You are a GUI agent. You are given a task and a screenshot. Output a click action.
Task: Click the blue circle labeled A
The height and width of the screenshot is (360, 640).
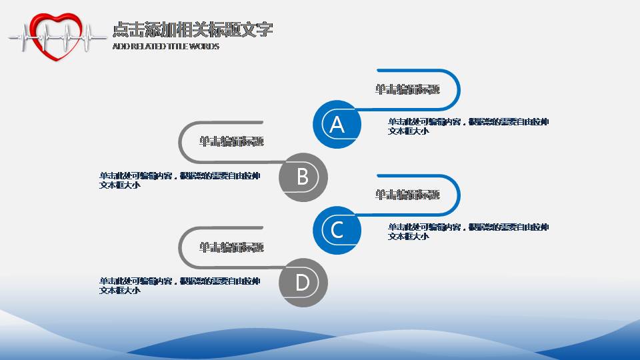337,124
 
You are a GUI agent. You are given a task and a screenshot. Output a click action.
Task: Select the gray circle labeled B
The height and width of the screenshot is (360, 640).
303,177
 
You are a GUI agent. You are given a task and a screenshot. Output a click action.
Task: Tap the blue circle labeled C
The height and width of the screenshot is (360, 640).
337,229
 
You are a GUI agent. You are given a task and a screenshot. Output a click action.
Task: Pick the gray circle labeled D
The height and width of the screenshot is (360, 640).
303,283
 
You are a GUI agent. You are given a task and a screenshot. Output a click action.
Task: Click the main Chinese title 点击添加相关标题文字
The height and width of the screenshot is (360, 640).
193,30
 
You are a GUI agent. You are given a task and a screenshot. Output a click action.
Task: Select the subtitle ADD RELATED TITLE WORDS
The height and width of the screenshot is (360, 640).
166,47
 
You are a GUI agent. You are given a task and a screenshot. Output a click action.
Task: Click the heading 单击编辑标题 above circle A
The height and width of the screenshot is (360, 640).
407,89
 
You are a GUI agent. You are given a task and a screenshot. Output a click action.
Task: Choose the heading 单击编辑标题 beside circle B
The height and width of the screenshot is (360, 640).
231,141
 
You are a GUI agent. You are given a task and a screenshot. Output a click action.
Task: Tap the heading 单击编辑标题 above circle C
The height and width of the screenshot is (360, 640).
407,195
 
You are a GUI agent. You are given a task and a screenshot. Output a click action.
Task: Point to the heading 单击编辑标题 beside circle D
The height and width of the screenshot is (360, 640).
231,247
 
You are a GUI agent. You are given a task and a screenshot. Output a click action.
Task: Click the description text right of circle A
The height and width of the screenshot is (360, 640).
468,126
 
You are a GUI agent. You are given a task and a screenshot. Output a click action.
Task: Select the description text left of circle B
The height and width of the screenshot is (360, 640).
179,180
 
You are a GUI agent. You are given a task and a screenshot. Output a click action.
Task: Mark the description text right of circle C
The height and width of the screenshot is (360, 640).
468,231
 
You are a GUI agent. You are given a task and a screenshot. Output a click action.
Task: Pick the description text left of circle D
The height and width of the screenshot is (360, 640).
179,285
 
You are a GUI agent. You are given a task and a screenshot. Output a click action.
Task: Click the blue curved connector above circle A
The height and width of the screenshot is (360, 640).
459,89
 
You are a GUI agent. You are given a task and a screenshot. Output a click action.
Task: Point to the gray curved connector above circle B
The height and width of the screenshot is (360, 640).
180,141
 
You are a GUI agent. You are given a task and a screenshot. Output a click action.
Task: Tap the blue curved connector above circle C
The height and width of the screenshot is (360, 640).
459,195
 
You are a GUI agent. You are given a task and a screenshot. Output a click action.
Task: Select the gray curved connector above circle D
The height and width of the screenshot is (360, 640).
180,247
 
